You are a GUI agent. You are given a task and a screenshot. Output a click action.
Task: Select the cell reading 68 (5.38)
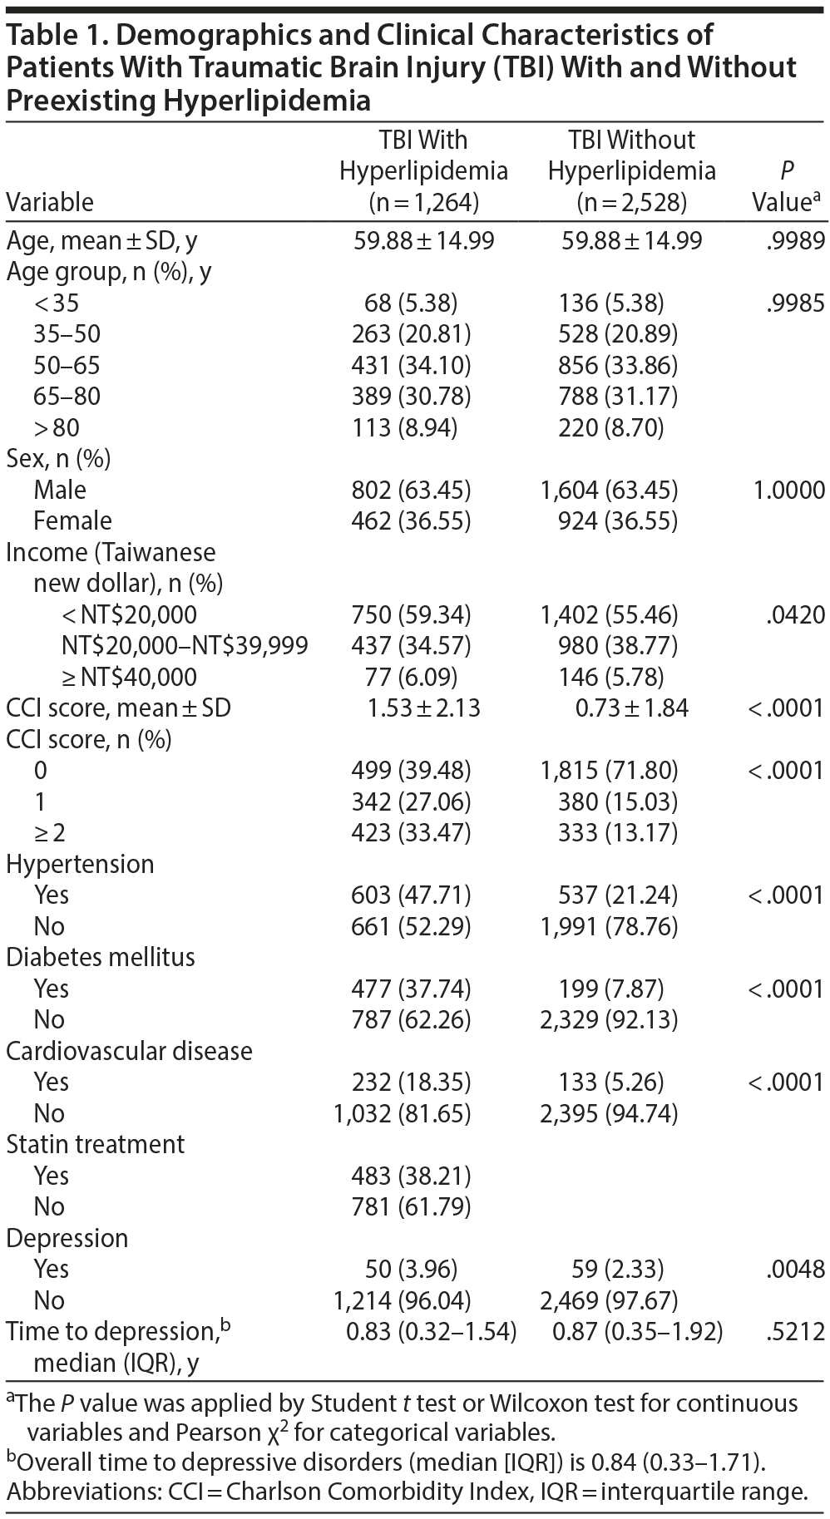click(411, 303)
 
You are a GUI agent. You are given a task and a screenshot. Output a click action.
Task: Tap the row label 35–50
click(67, 334)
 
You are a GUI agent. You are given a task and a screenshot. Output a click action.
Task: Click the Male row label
click(60, 490)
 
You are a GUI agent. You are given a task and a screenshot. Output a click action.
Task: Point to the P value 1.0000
click(788, 490)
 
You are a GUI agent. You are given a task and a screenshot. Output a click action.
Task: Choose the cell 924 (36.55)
click(617, 521)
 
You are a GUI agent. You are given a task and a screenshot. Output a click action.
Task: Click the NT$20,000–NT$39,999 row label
click(185, 646)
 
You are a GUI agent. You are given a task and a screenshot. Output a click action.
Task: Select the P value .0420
click(796, 615)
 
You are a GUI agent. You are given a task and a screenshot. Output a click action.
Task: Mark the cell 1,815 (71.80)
click(609, 771)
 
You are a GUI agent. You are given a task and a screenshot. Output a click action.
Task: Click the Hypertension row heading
click(80, 865)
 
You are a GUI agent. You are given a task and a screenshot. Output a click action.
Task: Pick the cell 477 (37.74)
click(411, 989)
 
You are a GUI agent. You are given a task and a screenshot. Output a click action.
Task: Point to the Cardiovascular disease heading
click(129, 1051)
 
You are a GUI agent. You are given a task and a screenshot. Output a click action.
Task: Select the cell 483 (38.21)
click(411, 1176)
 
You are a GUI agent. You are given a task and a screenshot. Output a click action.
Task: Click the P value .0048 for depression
click(796, 1270)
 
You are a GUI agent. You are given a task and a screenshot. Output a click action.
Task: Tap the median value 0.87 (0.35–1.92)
click(637, 1332)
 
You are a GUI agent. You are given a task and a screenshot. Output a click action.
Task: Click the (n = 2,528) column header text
click(631, 202)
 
